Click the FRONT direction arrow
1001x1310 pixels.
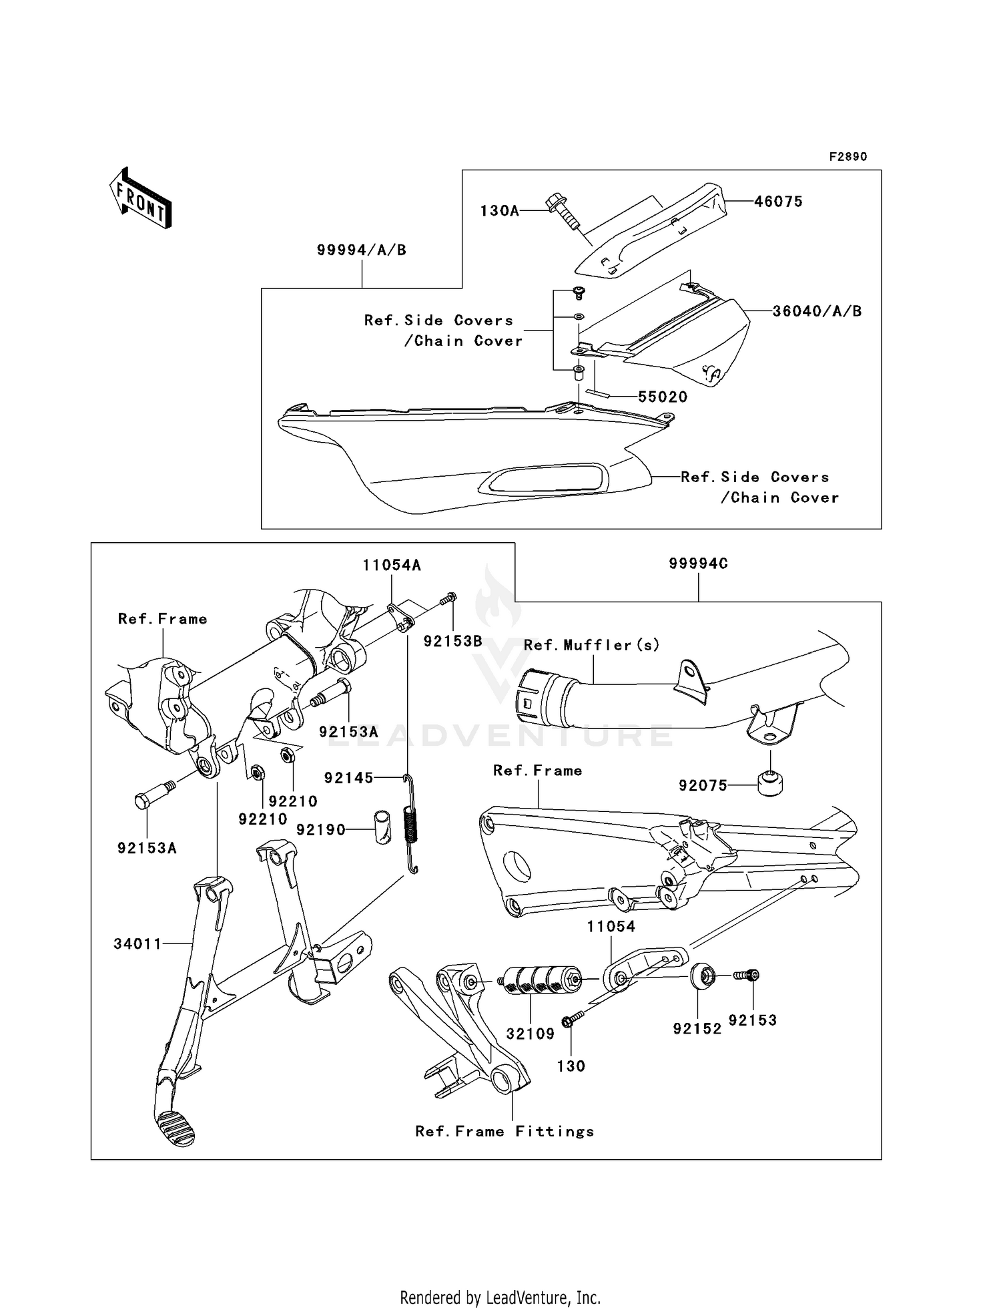141,199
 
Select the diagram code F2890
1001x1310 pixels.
848,157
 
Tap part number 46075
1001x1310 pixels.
778,202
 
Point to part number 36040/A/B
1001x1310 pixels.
817,311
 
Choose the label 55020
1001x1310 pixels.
662,397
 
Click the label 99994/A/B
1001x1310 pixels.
361,250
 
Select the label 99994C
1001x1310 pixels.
698,564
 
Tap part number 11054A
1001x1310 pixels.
392,566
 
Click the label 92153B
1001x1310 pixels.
452,642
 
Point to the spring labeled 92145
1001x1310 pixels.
412,825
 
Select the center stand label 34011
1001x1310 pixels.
137,943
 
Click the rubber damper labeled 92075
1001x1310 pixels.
770,782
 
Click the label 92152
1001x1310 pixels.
697,1029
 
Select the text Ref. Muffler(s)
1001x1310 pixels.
591,645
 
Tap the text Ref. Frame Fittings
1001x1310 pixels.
505,1131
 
